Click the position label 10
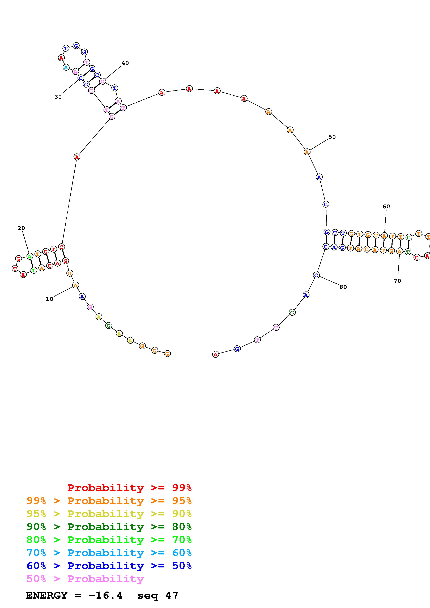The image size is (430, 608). click(x=50, y=299)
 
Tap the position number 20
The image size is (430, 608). click(x=21, y=228)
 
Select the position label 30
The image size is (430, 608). click(x=58, y=97)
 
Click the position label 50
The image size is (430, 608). click(x=332, y=137)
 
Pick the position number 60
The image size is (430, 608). click(x=386, y=207)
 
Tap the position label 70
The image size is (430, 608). click(x=397, y=281)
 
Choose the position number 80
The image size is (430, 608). click(x=343, y=287)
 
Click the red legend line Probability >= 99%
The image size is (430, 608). click(x=129, y=488)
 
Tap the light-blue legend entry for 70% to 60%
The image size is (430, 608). click(x=109, y=553)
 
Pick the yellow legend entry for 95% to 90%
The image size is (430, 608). click(x=109, y=514)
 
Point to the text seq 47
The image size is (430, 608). click(x=158, y=596)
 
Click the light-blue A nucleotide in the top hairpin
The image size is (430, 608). click(x=66, y=68)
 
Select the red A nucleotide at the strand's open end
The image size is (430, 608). click(x=216, y=354)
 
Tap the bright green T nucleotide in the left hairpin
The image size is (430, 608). click(x=34, y=270)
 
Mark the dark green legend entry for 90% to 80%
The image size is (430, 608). click(x=109, y=527)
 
